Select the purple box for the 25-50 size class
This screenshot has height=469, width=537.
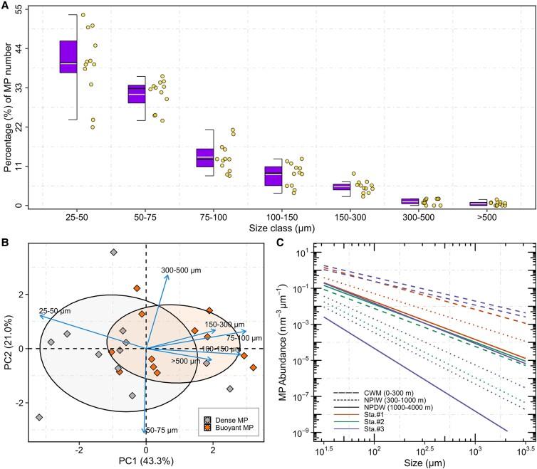pos(68,57)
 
